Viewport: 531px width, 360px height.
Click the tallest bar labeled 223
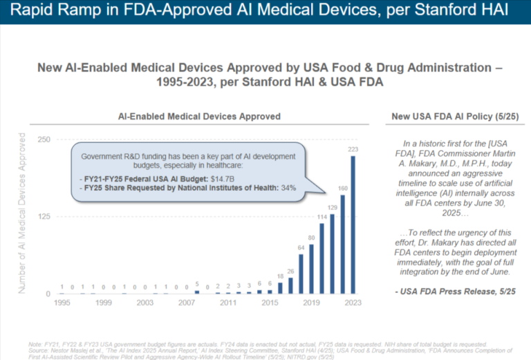click(x=353, y=225)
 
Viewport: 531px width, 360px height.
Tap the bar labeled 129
click(x=332, y=254)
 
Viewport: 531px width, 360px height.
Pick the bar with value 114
click(x=322, y=258)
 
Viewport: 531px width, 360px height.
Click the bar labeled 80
click(x=311, y=269)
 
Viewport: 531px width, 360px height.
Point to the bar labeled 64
click(x=301, y=274)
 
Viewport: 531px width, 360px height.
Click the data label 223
click(x=353, y=149)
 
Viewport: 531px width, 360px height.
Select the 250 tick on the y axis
click(x=44, y=140)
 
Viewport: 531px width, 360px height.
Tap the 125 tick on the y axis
click(x=44, y=217)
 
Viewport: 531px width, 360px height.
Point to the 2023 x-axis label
click(x=353, y=303)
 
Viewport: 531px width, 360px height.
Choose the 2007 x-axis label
click(x=187, y=303)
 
